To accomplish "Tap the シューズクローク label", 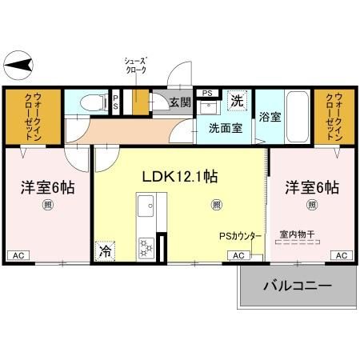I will pyautogui.click(x=135, y=66).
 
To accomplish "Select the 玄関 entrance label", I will pyautogui.click(x=180, y=102).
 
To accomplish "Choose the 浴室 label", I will pyautogui.click(x=270, y=117).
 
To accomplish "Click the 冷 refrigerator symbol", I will pyautogui.click(x=106, y=250).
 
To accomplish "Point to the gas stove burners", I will pyautogui.click(x=146, y=247).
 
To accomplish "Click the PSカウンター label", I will pyautogui.click(x=240, y=236).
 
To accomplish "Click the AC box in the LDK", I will pyautogui.click(x=238, y=255).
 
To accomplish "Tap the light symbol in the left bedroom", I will pyautogui.click(x=47, y=205).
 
